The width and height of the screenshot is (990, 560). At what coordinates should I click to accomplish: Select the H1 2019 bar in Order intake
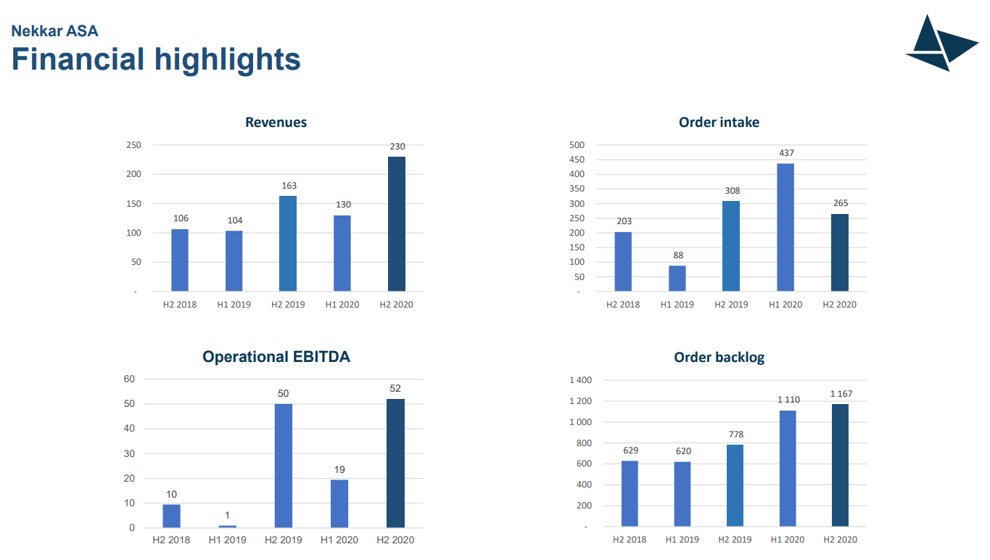(677, 279)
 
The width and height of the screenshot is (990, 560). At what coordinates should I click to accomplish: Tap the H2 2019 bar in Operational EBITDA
(284, 465)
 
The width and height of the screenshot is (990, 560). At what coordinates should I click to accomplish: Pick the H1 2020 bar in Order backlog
(788, 468)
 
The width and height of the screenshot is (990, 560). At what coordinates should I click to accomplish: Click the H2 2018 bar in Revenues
(180, 260)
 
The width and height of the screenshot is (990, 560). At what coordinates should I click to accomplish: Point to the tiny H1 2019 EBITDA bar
(228, 526)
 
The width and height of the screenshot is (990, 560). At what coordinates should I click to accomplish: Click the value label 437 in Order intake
(785, 153)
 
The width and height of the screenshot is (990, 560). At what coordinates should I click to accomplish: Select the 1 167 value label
(841, 394)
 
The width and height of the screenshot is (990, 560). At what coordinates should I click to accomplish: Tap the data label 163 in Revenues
(289, 186)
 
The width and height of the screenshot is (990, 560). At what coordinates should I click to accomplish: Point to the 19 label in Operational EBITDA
(339, 470)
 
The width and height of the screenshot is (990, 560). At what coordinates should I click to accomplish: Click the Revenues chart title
(276, 123)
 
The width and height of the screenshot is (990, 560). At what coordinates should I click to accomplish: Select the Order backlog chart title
(719, 358)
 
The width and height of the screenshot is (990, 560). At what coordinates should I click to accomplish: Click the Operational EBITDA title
(276, 357)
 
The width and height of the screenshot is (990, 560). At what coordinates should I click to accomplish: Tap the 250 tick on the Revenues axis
(133, 145)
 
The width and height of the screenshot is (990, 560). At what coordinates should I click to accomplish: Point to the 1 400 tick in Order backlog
(580, 380)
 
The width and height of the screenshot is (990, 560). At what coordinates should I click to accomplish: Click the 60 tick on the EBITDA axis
(129, 379)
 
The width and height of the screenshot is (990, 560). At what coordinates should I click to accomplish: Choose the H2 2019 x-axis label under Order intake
(731, 305)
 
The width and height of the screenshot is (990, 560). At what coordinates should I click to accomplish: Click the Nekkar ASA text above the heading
(54, 31)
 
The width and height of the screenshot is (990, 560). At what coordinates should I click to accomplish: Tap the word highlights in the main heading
(226, 59)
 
